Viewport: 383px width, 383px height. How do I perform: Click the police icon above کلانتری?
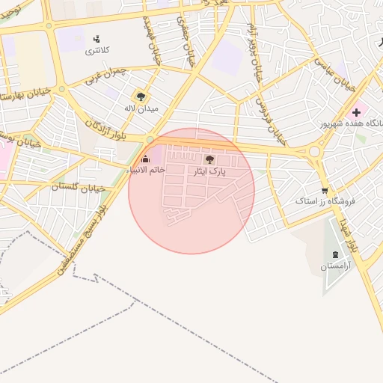coord(96,38)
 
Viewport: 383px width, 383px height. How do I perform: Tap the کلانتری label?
coord(96,51)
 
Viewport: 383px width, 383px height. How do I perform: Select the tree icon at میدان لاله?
coord(140,96)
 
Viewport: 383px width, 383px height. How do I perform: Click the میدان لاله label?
coord(140,108)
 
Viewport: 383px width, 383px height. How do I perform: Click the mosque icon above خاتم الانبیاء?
coord(145,159)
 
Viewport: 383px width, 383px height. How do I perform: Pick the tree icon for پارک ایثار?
coord(209,159)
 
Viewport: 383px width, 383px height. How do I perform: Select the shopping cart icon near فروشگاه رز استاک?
coord(324,190)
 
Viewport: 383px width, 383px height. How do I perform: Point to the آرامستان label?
coord(334,267)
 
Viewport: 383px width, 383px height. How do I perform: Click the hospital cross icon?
coord(356,112)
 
